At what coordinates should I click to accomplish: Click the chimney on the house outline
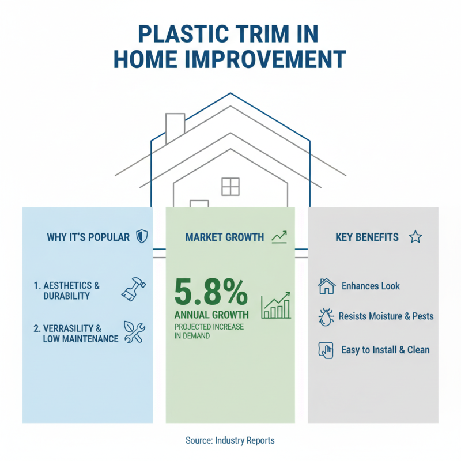175,126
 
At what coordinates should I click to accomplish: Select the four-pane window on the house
230,187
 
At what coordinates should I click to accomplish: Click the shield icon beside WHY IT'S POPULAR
141,237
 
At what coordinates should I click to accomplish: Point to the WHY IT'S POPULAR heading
88,237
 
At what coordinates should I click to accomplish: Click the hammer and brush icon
134,289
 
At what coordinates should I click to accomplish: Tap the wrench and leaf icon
134,333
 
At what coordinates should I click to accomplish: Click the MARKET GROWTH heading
225,237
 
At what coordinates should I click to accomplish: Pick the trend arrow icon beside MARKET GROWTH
279,237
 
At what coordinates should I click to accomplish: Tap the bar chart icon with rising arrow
276,305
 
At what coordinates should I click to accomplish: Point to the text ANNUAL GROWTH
211,315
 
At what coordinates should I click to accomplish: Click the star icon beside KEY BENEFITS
415,237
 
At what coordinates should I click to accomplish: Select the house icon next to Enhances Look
327,286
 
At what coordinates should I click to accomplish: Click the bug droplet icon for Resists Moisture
326,317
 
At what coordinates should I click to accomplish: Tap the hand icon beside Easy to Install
326,350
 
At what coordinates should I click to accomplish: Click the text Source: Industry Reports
230,440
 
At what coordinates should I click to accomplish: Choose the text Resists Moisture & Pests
386,316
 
